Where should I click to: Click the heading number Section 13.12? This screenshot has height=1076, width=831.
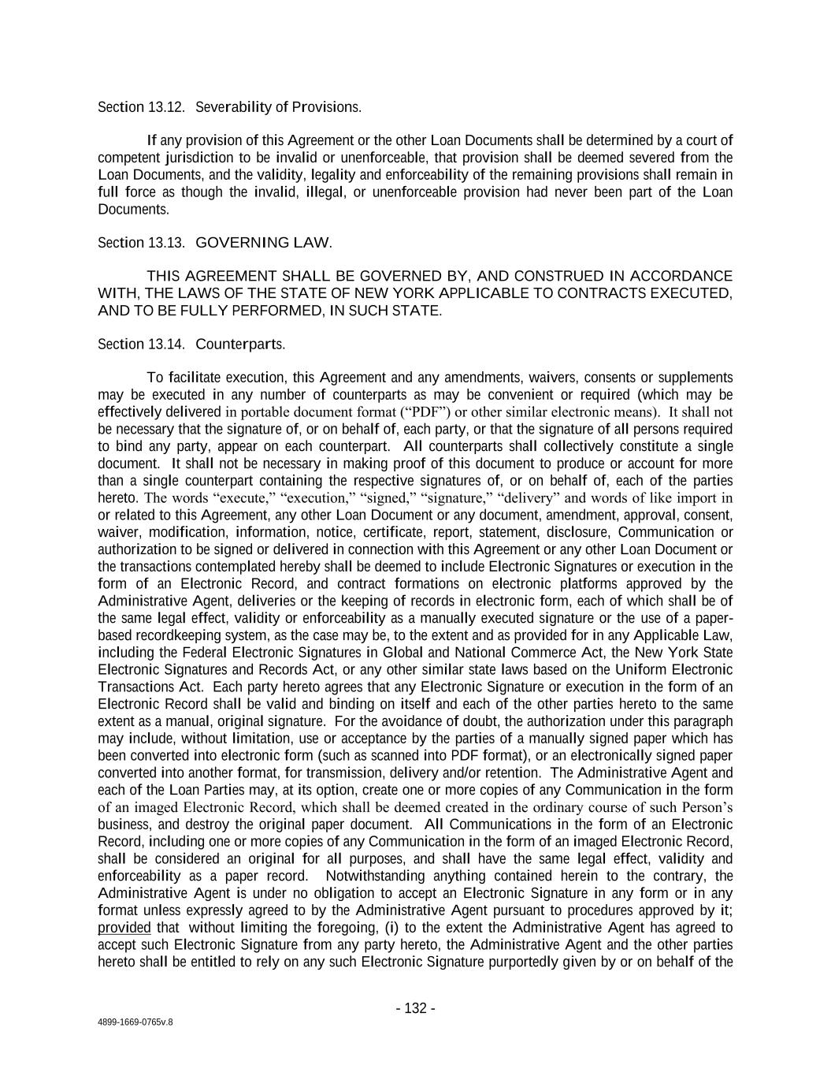click(141, 106)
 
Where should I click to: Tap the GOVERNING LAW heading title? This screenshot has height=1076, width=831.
click(263, 242)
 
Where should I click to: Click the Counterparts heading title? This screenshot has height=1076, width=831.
click(239, 344)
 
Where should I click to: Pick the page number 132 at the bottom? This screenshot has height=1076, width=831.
click(415, 1008)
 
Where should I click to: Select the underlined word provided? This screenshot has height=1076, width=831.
click(124, 928)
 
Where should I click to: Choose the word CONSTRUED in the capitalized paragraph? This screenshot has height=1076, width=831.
click(559, 276)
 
